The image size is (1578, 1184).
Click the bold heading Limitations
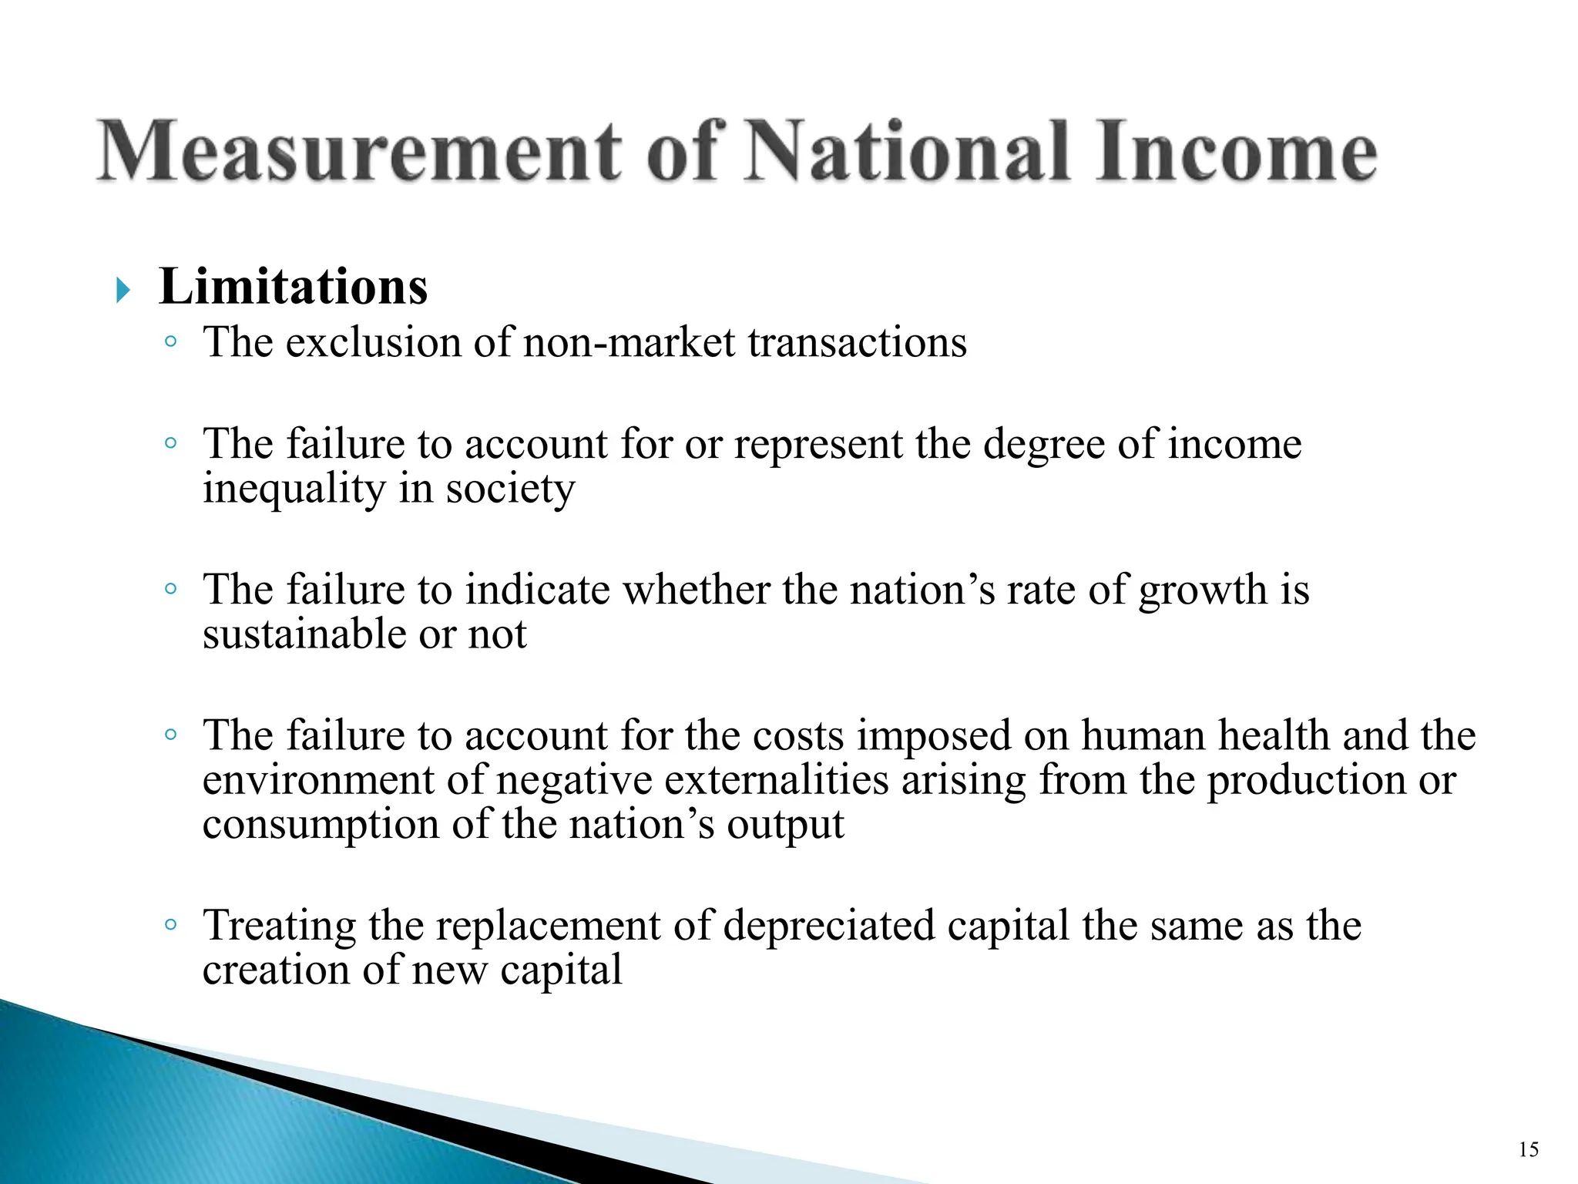[293, 287]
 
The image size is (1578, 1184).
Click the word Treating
[280, 925]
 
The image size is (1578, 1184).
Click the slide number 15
[1529, 1150]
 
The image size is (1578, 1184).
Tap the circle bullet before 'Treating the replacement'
[171, 923]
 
